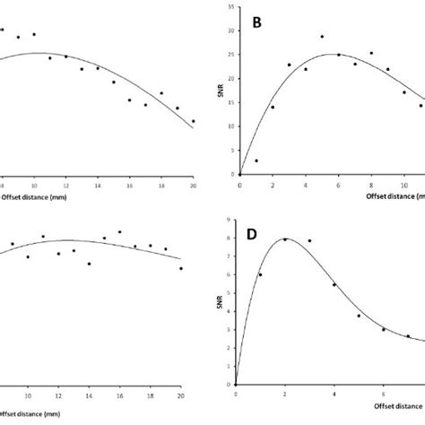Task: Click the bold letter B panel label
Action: pyautogui.click(x=258, y=23)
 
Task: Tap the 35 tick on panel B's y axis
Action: pyautogui.click(x=231, y=7)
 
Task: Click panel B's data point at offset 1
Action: pyautogui.click(x=256, y=160)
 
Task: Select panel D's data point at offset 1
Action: pyautogui.click(x=260, y=274)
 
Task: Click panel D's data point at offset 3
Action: pyautogui.click(x=309, y=240)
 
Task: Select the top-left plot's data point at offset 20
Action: pyautogui.click(x=193, y=121)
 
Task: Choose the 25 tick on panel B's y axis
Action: pyautogui.click(x=231, y=55)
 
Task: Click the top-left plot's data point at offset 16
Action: pyautogui.click(x=129, y=100)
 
